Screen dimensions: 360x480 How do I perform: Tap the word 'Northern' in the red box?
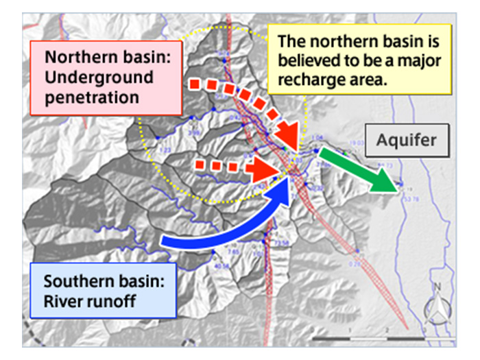click(74, 57)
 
